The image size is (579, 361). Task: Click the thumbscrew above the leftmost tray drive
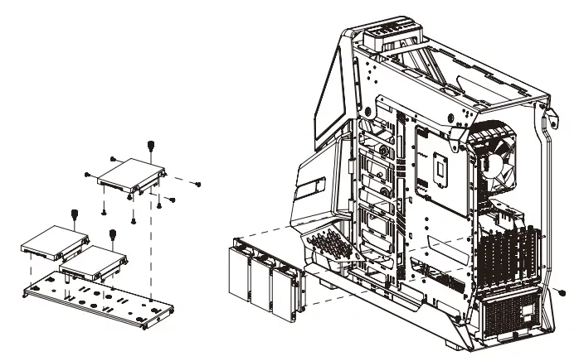pos(75,216)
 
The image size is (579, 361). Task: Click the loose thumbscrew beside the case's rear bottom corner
pos(564,293)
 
